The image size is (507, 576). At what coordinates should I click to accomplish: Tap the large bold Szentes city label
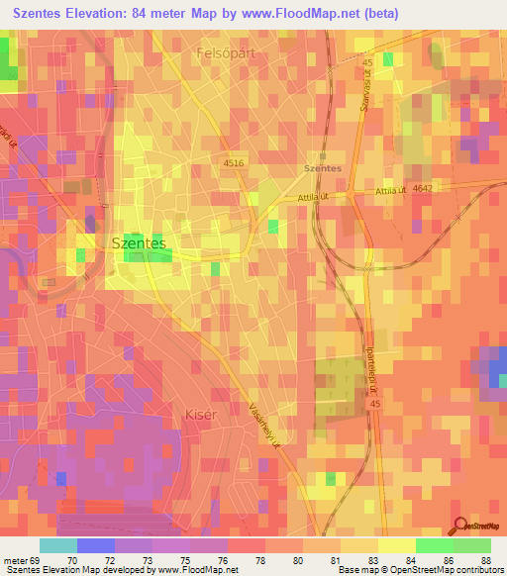tap(139, 240)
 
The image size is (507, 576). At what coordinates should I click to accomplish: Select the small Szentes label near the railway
tap(323, 168)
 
